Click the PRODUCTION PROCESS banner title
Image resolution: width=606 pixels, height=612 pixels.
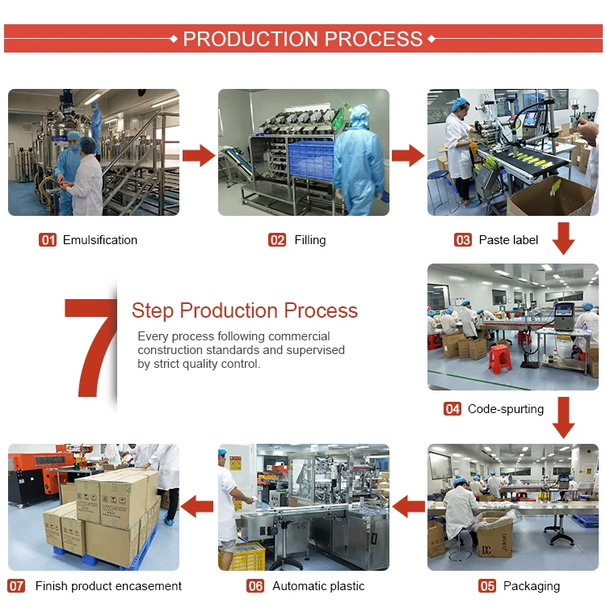tap(303, 39)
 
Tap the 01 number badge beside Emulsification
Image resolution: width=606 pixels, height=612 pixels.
tap(48, 240)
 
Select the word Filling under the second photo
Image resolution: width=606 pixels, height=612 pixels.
tap(310, 240)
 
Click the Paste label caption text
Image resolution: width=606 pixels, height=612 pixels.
tap(508, 240)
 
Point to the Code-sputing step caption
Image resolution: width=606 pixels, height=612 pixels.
tap(505, 409)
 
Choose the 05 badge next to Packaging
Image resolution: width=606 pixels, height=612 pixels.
tap(487, 586)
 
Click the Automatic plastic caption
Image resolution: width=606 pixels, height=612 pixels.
tap(318, 586)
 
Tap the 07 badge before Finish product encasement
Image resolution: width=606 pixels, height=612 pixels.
tap(17, 586)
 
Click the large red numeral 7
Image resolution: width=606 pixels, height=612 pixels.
tap(90, 348)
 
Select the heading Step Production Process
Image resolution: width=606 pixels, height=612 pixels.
tap(244, 310)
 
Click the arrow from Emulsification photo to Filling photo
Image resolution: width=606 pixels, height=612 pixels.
tap(199, 155)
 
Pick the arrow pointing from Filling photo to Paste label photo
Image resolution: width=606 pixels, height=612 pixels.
tap(408, 155)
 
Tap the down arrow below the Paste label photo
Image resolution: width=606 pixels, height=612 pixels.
tap(563, 238)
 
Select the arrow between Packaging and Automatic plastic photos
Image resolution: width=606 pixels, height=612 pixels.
tap(409, 508)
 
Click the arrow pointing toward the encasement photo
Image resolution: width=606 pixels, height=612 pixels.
tap(198, 508)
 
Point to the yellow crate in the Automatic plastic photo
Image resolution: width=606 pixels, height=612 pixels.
tap(243, 557)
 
